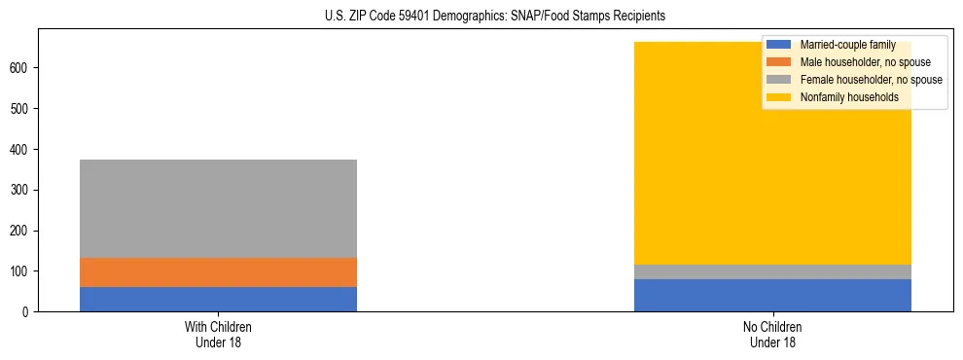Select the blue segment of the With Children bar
coord(218,299)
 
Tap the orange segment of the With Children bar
coord(218,272)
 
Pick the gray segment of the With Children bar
coord(218,208)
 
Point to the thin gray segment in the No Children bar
coord(772,271)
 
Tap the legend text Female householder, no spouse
coord(871,80)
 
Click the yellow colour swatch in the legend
coord(779,97)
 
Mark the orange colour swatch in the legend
coord(779,62)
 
